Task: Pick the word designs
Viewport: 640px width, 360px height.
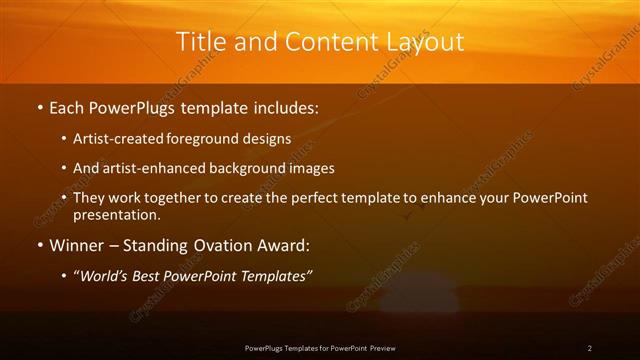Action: (270, 139)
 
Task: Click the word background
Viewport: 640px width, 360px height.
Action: (245, 169)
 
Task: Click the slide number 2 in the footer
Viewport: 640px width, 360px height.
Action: (590, 348)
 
